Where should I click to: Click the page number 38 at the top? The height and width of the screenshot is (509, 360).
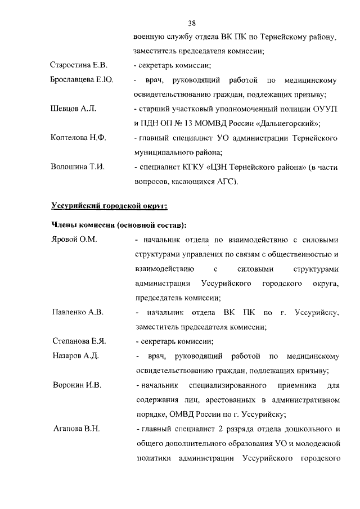tap(192, 23)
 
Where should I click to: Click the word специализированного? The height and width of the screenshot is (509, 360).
tap(225, 385)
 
